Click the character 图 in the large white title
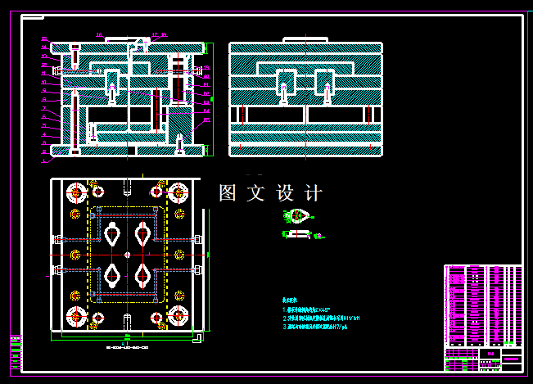point(228,194)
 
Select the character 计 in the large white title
point(312,194)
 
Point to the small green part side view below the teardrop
point(298,235)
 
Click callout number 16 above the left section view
point(99,35)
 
